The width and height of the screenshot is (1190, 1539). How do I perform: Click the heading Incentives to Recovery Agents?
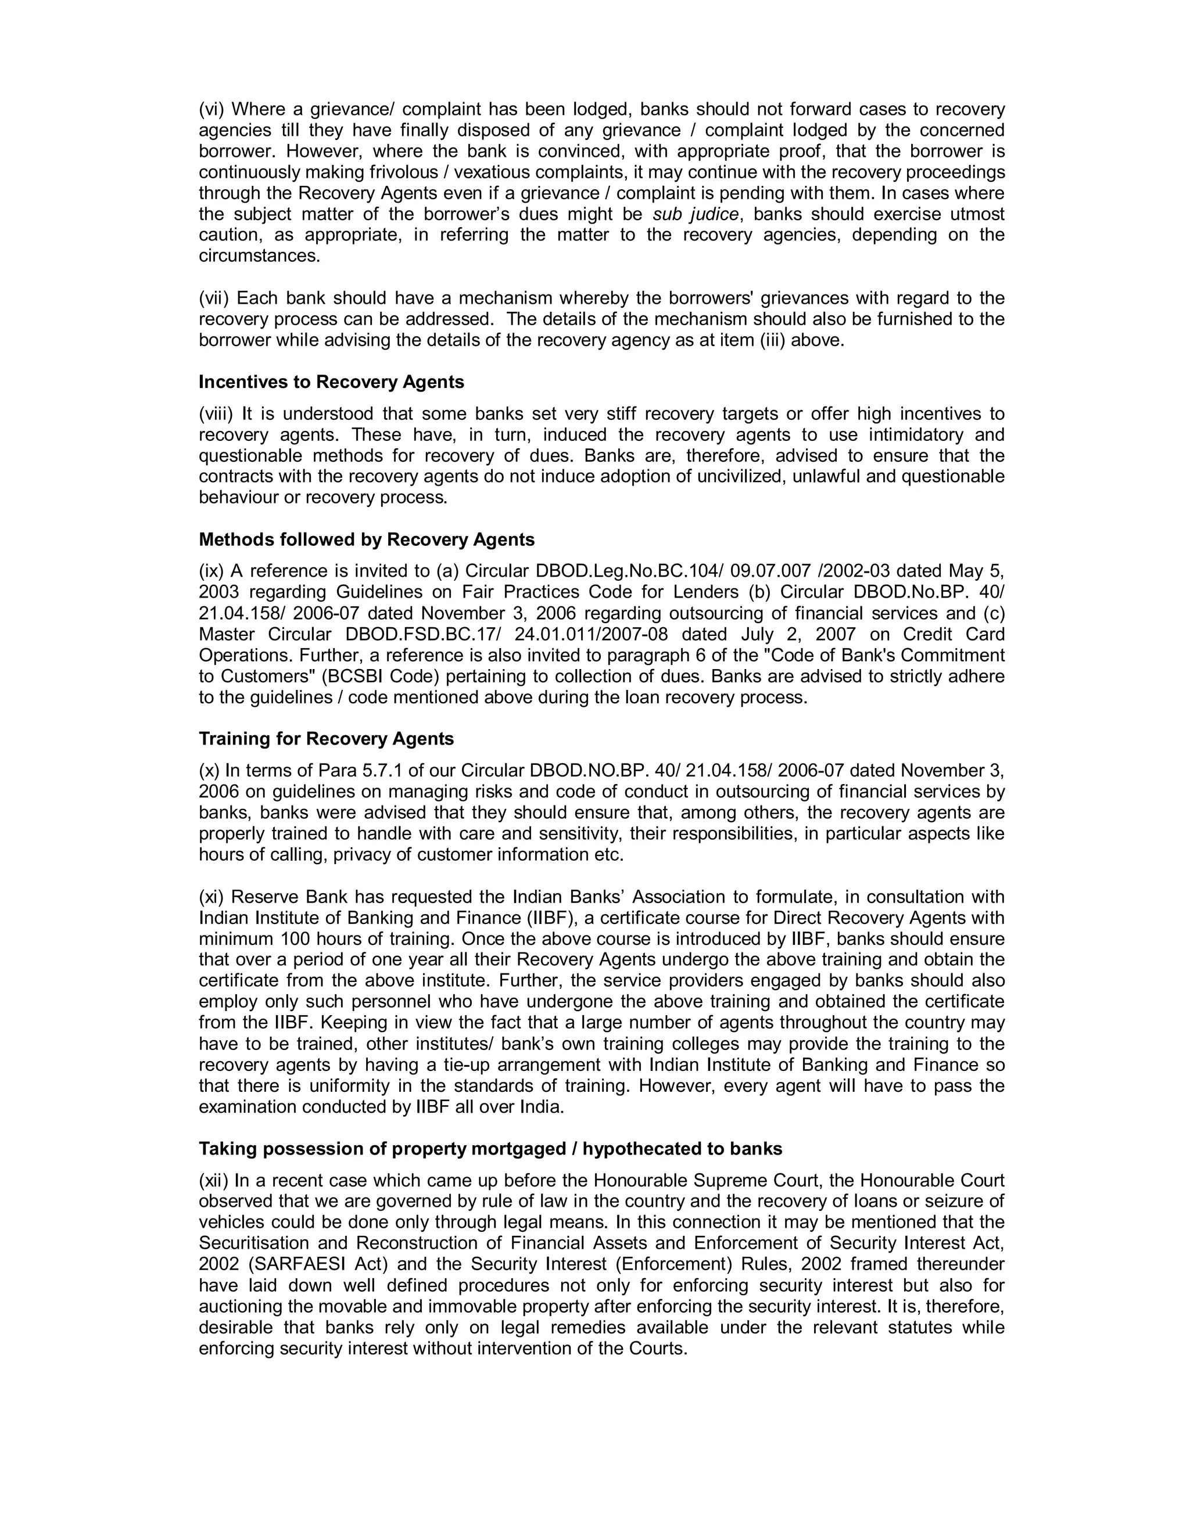coord(331,382)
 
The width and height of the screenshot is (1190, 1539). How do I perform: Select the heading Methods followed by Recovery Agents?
coord(367,540)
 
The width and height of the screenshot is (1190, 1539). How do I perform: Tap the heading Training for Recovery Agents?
coord(327,739)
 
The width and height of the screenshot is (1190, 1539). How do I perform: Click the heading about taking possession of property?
coord(490,1149)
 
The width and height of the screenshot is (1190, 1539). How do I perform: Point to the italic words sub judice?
coord(696,214)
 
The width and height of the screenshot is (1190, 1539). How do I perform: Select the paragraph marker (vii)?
coord(214,299)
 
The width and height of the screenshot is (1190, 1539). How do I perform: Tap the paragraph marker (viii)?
coord(216,413)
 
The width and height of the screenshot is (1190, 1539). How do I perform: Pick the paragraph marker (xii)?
coord(214,1180)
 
